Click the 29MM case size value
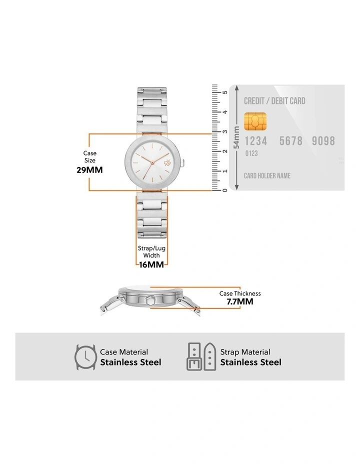point(90,169)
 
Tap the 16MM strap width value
point(151,264)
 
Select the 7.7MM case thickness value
point(239,301)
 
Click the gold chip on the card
point(255,120)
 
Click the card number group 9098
point(323,141)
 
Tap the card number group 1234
point(255,141)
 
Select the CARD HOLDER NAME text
point(267,176)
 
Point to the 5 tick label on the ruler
point(225,92)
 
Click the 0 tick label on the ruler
point(225,190)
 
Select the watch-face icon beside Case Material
point(85,357)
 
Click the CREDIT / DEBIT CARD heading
point(274,101)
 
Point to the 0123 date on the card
point(251,153)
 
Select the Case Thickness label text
point(240,293)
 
